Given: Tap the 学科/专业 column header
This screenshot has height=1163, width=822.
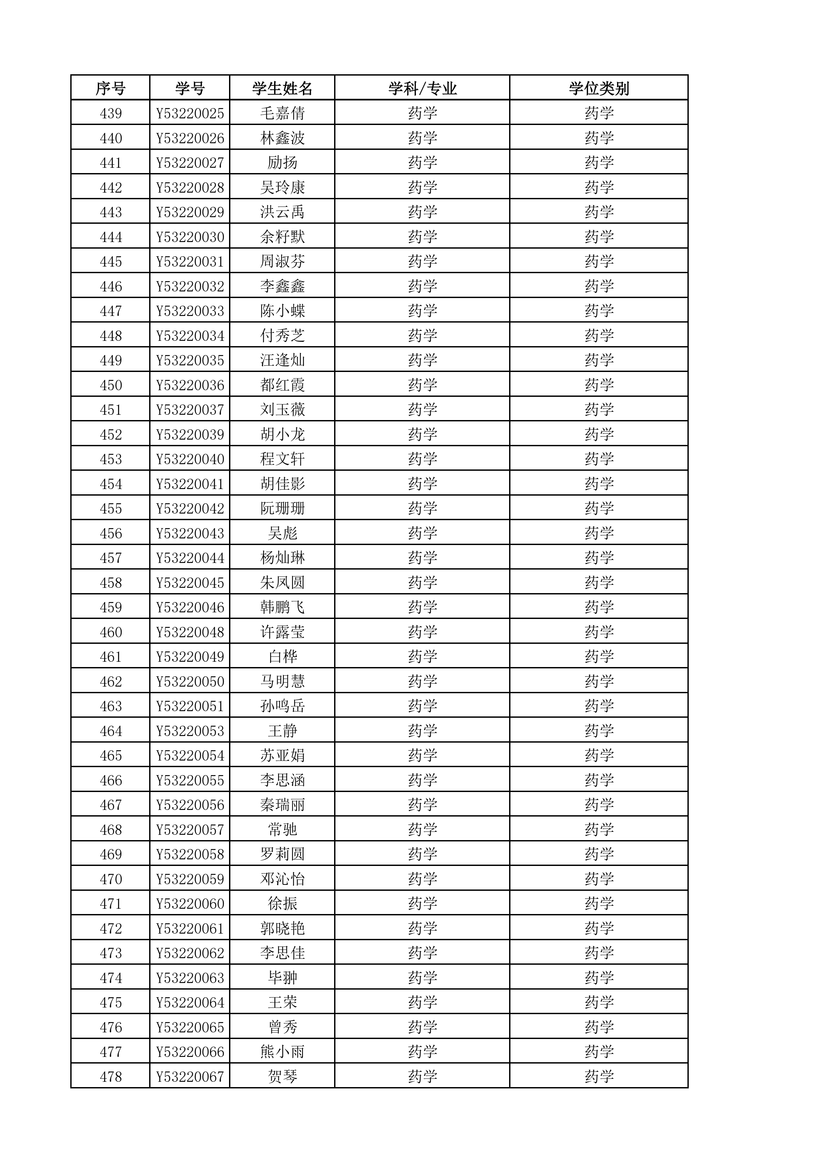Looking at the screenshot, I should point(422,89).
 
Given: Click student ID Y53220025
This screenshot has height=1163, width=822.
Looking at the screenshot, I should point(190,113).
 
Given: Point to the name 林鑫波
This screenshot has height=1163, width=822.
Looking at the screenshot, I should point(283,138).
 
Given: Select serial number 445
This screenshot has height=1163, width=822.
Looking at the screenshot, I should point(111,262).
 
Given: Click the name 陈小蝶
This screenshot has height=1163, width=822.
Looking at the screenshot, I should point(283,311).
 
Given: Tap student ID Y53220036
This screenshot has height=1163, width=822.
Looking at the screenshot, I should point(190,386).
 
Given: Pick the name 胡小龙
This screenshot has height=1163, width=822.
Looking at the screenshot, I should point(283,435).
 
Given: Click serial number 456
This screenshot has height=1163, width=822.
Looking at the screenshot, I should point(111,533).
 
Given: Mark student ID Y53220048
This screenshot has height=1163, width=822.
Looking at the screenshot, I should point(190,632).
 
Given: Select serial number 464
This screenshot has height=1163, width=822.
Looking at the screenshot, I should point(111,731).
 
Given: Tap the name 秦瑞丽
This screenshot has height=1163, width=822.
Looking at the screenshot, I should point(283,805).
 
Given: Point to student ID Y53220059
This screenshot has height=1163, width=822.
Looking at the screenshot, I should point(190,879).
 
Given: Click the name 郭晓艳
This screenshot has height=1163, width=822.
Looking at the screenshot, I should point(283,929).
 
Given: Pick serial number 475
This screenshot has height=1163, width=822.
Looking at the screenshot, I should point(111,1003).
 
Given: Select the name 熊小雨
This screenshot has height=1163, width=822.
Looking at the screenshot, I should point(283,1052).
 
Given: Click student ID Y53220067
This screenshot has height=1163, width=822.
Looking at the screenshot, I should point(190,1077).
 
